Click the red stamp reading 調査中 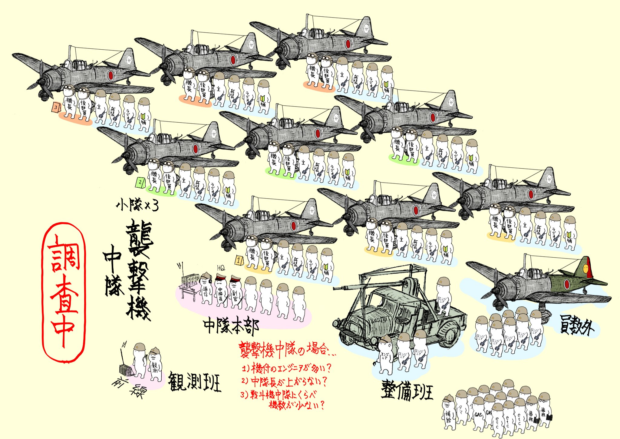coord(64,292)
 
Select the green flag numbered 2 coord(140,183)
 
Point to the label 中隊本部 coord(231,326)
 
